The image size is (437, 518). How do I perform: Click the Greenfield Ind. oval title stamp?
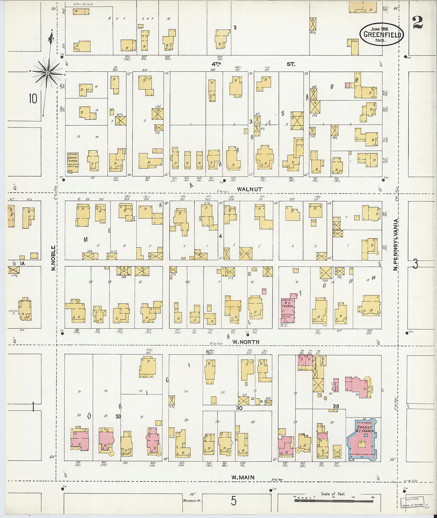tap(381, 34)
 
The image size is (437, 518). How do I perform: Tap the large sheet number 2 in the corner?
tap(418, 23)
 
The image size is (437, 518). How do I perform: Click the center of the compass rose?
tap(48, 73)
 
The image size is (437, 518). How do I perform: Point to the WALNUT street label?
tap(250, 189)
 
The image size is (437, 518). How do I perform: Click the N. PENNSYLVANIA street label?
tap(396, 245)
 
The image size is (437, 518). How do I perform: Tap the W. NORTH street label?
tap(246, 342)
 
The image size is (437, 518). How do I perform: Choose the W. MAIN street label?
tap(243, 478)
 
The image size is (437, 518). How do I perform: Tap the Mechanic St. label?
tap(192, 500)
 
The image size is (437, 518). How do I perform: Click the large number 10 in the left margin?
tap(32, 98)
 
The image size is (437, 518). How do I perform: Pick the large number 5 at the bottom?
tap(234, 501)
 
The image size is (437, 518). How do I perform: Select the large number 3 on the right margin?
tap(415, 264)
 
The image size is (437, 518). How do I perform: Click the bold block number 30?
tap(239, 408)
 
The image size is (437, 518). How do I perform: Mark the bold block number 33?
tap(118, 416)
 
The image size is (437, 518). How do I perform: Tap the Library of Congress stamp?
tap(413, 502)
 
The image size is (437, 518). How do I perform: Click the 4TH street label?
tap(216, 64)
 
